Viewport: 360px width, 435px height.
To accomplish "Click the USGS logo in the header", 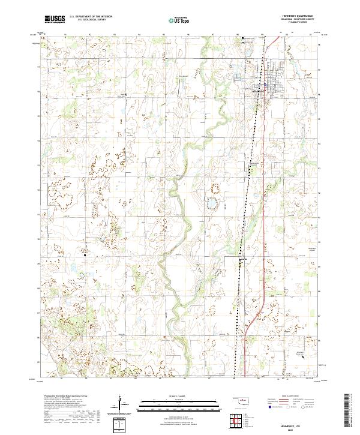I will coord(55,19).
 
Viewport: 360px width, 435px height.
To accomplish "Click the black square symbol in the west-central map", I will coord(85,255).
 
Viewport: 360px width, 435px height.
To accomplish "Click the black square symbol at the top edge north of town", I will coord(242,40).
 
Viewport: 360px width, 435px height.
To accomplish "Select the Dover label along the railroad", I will coord(244,259).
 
